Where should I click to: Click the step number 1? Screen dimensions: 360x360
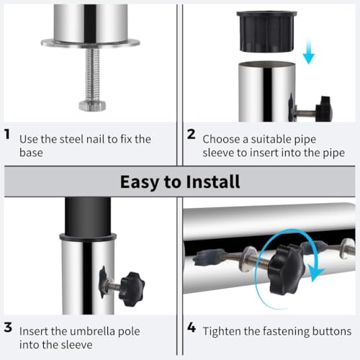7,134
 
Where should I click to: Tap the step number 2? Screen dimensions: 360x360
191,134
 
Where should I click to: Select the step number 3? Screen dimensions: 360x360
8,328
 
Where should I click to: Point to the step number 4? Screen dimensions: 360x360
192,328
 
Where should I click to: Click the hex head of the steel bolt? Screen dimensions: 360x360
92,106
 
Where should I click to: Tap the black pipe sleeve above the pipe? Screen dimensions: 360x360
266,31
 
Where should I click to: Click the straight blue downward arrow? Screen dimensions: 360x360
309,52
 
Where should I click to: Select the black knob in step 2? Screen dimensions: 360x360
324,109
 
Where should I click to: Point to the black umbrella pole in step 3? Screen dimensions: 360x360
88,216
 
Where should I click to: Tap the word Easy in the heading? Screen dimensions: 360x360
140,182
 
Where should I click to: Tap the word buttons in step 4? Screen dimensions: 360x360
332,331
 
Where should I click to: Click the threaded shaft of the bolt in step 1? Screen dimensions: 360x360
92,74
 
